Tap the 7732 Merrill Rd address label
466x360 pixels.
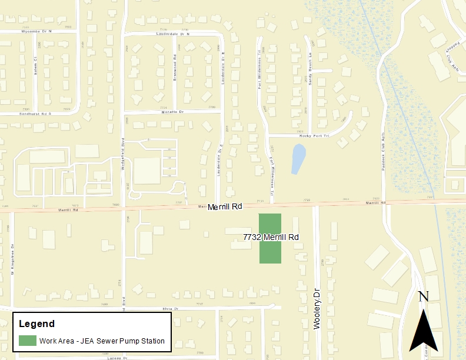[x=271, y=237]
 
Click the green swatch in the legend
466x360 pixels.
[x=27, y=341]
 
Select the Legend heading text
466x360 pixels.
[x=36, y=324]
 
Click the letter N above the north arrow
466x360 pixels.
[x=422, y=296]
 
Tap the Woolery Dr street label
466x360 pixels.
[x=317, y=308]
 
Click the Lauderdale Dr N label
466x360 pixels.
[x=171, y=34]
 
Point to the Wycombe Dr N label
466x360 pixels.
[x=36, y=31]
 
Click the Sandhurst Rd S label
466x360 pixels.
[x=35, y=112]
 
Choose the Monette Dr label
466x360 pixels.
[x=172, y=111]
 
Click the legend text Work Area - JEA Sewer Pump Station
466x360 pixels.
[x=102, y=341]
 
